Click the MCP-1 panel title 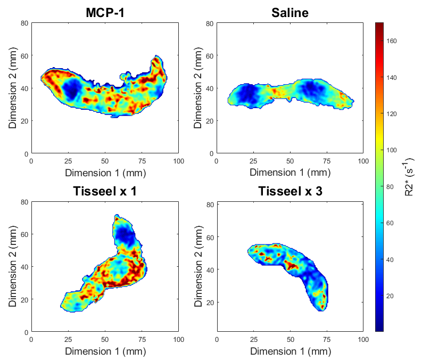[105, 13]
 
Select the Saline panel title [290, 13]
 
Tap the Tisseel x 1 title [105, 191]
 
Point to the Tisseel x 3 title [290, 191]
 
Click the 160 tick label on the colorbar [392, 41]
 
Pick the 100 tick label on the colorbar [392, 150]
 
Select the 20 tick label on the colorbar [390, 296]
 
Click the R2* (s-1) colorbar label [409, 177]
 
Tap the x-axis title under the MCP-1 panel [105, 173]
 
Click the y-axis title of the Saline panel [198, 88]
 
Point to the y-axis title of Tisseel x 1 [12, 266]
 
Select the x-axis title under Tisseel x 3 [291, 351]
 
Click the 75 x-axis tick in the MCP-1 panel [142, 161]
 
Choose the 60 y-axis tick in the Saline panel [210, 56]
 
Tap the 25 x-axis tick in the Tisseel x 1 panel [68, 340]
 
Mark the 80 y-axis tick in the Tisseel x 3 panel [210, 204]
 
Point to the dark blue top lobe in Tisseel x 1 [125, 234]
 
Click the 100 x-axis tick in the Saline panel [363, 161]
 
